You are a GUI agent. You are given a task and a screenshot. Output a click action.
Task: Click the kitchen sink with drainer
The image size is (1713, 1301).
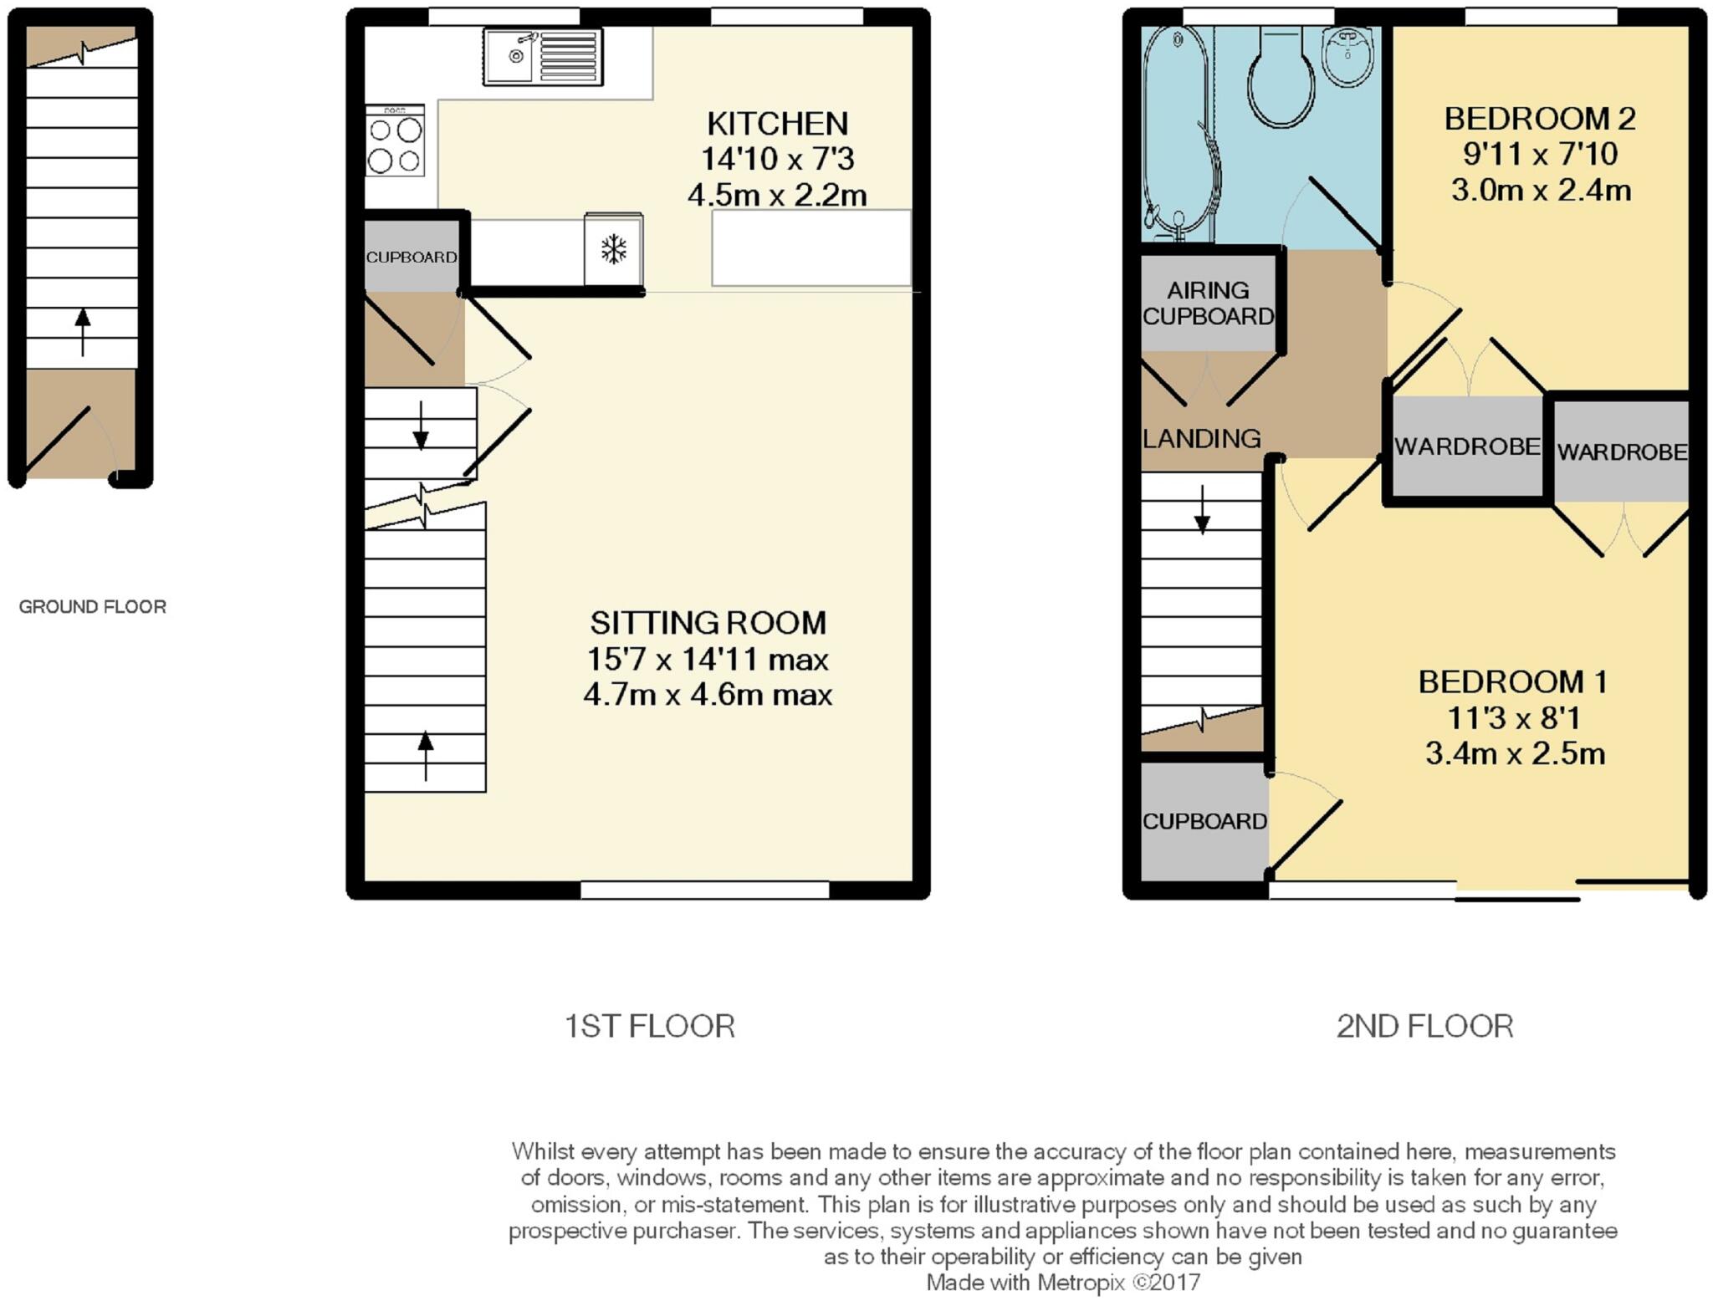pos(542,57)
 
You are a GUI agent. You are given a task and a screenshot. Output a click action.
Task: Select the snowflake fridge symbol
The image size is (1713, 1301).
pos(614,249)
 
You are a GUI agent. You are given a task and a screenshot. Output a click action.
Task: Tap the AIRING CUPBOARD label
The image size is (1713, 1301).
pos(1208,303)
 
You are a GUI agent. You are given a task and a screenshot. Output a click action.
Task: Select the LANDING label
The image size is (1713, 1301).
pos(1201,438)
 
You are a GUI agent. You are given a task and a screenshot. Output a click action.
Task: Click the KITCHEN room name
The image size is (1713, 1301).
pos(777,124)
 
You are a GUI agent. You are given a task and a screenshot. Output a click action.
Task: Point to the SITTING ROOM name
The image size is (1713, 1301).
pos(708,623)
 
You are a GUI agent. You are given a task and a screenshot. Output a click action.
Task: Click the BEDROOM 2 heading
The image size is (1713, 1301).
pos(1539,119)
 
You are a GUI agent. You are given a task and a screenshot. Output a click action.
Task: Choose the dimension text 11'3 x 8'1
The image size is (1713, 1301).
pos(1514,717)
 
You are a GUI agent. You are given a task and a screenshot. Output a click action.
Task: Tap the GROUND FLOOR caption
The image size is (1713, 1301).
pos(92,607)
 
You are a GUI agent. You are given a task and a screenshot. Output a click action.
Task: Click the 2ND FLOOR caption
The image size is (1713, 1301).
pos(1424,1026)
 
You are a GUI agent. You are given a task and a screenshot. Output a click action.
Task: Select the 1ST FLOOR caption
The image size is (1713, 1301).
pos(649,1026)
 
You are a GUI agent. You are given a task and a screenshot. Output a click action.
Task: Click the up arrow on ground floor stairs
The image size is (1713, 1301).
pos(82,331)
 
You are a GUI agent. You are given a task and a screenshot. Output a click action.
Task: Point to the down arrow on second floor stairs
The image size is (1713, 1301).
pos(1202,510)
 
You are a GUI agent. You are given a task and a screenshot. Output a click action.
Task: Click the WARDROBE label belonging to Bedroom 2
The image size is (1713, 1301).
pos(1467,446)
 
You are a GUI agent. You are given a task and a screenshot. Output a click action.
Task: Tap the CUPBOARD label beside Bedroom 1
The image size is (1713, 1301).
pos(1204,821)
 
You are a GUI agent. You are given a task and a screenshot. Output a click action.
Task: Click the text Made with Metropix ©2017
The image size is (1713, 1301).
pos(1062,1283)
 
